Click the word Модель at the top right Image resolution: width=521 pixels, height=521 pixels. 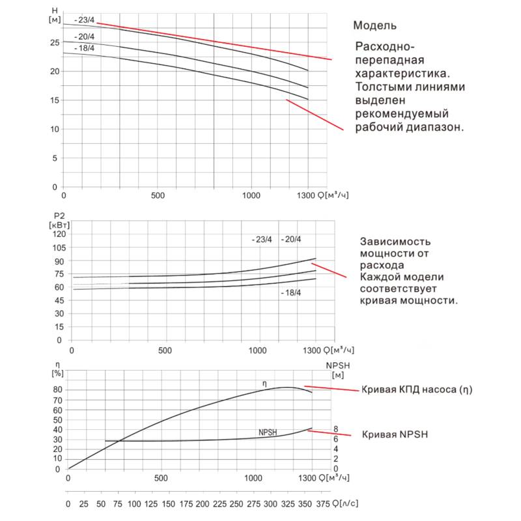[x=374, y=26]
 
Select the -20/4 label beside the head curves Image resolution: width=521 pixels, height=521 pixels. [x=85, y=36]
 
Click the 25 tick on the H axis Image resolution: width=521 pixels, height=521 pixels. [x=54, y=42]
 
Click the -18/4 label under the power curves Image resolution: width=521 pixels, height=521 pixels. [x=290, y=293]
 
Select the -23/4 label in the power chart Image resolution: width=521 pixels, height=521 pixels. [x=262, y=240]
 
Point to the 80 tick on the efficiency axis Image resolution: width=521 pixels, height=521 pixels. [x=57, y=389]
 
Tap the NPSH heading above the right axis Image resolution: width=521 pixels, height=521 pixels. [x=339, y=365]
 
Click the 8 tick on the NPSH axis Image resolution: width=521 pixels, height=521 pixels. [x=336, y=429]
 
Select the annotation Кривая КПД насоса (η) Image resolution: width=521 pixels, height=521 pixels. [x=416, y=390]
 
